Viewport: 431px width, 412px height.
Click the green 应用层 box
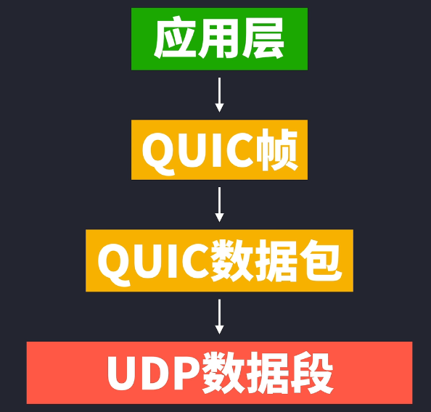coord(219,39)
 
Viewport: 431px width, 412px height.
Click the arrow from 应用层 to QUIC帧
coord(219,95)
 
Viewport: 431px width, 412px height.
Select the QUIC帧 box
coord(219,150)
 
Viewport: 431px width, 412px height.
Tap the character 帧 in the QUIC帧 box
coord(277,150)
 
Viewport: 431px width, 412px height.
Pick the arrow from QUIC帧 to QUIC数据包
coord(219,205)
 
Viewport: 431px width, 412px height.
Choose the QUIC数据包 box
coord(219,260)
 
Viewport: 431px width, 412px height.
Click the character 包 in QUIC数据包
coord(321,260)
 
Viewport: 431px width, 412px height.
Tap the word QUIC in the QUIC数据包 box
coord(154,265)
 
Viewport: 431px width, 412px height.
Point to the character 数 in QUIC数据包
coord(232,260)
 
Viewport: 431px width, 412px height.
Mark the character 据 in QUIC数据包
coord(276,260)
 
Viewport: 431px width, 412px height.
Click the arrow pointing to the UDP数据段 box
coord(219,317)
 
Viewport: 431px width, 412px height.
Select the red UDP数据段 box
coord(219,373)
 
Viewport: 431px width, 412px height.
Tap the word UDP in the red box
coord(154,374)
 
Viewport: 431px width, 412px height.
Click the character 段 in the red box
coord(312,373)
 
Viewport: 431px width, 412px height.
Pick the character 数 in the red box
coord(223,373)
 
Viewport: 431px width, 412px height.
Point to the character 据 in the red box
coord(268,373)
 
